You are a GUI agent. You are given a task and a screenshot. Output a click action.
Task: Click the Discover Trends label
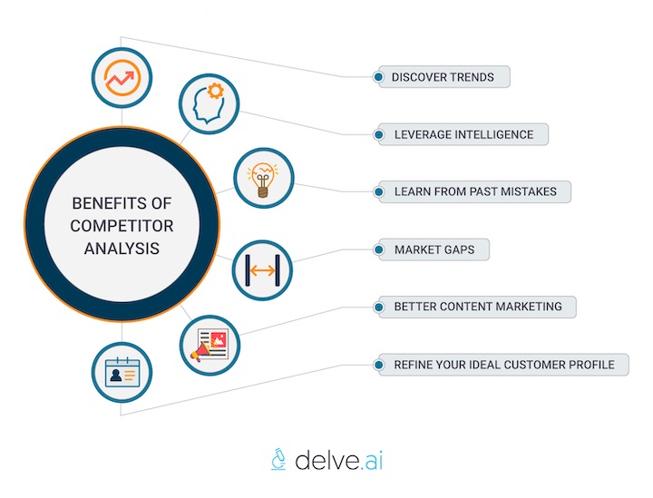coord(443,77)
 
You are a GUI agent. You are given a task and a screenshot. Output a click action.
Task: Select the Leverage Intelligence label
coord(463,134)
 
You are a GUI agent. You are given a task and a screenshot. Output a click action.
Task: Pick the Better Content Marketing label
coord(477,308)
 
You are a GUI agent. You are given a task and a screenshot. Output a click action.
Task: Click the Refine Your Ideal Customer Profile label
coord(503,365)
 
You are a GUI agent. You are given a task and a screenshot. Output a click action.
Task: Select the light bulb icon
coord(264,178)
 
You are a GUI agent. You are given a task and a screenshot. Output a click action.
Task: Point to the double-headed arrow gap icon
coord(262,269)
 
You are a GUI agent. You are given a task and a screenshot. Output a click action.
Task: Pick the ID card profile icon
coord(122,372)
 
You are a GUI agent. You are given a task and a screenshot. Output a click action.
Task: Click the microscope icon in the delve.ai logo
coord(279,460)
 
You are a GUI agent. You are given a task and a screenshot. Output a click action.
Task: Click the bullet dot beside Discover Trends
coord(376,77)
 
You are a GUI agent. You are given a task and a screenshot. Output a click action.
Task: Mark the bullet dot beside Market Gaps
coord(376,249)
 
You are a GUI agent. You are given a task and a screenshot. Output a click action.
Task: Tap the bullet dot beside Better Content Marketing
coord(376,308)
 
